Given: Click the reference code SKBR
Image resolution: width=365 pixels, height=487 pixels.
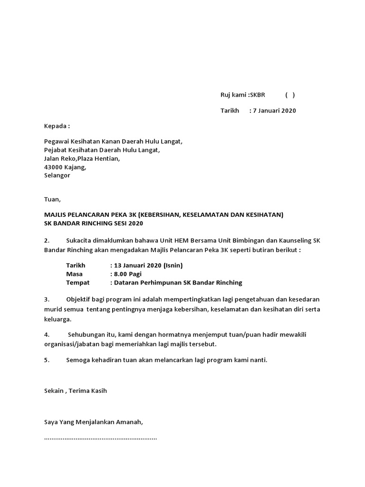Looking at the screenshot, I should point(257,95).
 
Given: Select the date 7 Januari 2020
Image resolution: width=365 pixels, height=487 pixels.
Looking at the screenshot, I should point(274,111).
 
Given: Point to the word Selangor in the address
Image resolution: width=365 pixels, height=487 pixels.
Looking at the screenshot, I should point(57,175).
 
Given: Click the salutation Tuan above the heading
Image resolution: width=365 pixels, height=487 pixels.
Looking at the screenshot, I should point(52,199).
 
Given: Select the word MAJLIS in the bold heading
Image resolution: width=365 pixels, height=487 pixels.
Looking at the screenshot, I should point(57,215).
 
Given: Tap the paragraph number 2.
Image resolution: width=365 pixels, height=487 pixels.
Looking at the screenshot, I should point(47,241).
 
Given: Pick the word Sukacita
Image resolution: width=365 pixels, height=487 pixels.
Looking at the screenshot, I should point(80,241).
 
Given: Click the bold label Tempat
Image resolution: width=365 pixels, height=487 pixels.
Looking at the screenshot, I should point(77,282).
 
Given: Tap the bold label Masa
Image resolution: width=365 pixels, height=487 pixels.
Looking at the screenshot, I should point(75,274).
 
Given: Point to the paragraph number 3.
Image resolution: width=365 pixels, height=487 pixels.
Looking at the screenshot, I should point(47,299).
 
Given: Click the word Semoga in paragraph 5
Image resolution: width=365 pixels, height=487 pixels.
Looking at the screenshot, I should point(78,360).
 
